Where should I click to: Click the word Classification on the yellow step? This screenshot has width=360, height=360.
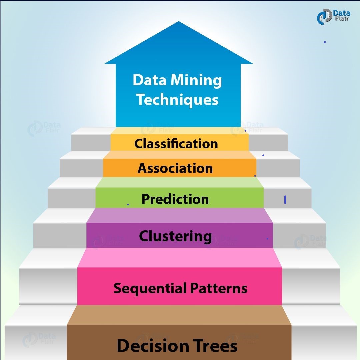tap(176, 144)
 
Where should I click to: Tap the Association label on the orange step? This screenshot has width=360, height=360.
tap(175, 168)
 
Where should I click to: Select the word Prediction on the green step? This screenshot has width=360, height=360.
tap(175, 199)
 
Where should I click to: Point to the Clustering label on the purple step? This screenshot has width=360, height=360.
tap(175, 236)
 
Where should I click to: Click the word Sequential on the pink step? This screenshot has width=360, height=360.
tap(150, 288)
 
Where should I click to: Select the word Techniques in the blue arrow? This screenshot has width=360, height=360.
tap(177, 100)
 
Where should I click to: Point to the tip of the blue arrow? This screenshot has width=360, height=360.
tap(179, 21)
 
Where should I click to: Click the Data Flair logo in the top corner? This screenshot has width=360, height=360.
tap(333, 17)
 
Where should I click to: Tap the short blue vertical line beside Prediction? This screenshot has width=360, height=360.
tap(285, 200)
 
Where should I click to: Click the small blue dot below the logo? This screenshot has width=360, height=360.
tap(325, 42)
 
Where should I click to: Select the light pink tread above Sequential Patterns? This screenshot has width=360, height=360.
tap(180, 258)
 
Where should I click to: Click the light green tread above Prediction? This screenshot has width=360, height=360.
tap(180, 183)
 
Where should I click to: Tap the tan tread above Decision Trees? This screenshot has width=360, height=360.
tap(179, 315)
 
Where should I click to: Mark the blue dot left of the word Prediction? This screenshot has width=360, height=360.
tap(128, 204)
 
